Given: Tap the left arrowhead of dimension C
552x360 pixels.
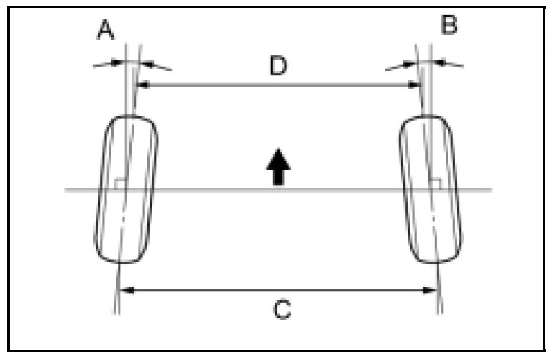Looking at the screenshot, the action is (123, 290).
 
